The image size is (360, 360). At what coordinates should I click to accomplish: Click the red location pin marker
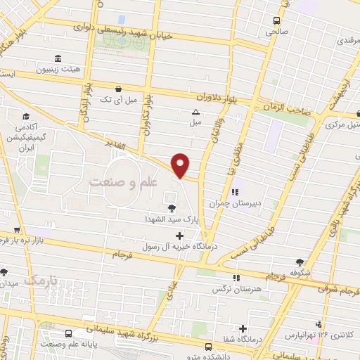(181, 165)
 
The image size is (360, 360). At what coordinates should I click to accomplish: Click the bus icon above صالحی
(276, 20)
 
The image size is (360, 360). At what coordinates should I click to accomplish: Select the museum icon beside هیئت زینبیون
(56, 58)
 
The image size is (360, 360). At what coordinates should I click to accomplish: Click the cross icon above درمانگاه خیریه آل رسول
(179, 235)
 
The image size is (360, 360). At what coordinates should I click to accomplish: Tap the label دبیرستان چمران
(236, 203)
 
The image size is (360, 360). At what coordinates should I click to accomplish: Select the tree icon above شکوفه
(300, 262)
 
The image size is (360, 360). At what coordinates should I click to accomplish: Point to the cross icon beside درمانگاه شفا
(243, 328)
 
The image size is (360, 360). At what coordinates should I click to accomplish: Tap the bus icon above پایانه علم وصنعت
(68, 333)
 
